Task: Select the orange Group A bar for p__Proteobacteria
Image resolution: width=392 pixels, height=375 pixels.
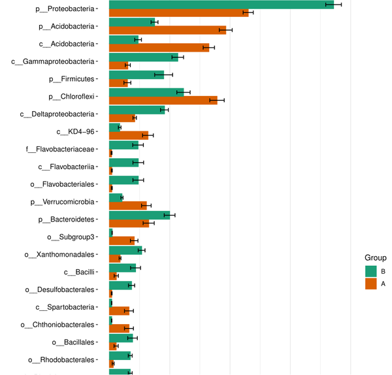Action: coord(178,12)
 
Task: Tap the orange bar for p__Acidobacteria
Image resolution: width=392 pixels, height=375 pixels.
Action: coord(167,30)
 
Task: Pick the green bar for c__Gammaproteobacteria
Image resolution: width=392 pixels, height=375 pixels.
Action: coord(143,57)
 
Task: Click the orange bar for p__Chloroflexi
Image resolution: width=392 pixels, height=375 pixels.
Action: coord(163,100)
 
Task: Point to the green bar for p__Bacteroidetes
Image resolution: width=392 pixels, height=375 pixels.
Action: coord(139,215)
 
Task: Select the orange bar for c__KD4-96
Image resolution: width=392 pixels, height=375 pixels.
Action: coord(128,135)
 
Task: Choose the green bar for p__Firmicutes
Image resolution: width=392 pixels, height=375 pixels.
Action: coord(136,75)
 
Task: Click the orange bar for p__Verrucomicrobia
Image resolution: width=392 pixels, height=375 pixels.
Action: coord(127,206)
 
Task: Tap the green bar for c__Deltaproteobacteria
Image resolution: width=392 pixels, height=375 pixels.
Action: coord(137,110)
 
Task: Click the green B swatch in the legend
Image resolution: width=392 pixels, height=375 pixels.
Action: coord(370,271)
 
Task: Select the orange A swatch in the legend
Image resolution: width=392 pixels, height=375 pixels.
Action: coord(370,284)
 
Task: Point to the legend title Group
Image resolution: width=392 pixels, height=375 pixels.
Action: coord(375,257)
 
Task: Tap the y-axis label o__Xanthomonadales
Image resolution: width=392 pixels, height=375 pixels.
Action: coord(59,255)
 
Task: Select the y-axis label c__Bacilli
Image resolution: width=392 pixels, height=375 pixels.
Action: coord(80,272)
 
